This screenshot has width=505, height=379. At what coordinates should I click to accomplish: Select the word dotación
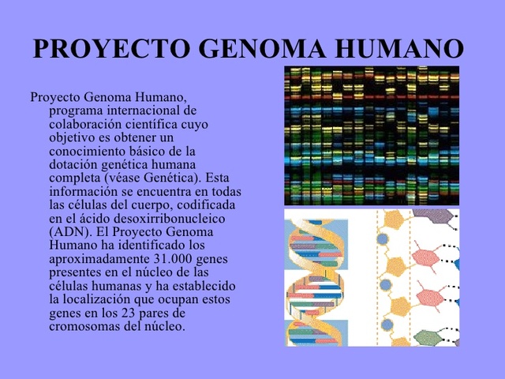pyautogui.click(x=73, y=164)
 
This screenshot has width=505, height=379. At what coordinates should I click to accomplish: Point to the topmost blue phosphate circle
pyautogui.click(x=383, y=238)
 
